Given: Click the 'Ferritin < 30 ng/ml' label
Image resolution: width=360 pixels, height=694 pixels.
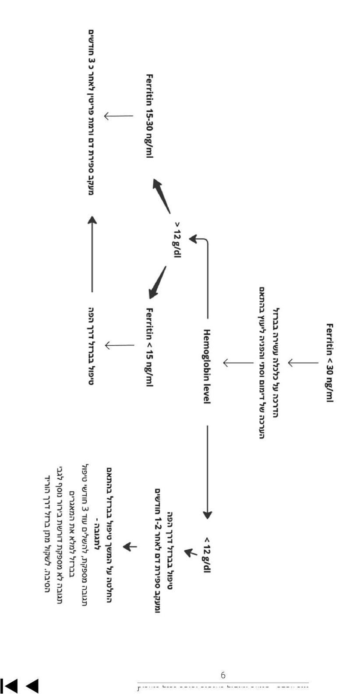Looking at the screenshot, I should click(330, 363).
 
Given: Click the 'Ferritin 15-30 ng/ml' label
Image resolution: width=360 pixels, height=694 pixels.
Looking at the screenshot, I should click(149, 116).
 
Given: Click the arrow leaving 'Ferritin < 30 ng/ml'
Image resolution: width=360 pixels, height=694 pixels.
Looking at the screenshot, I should click(303, 363).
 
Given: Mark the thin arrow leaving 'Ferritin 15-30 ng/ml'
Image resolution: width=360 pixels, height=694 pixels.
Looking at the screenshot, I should click(118, 116).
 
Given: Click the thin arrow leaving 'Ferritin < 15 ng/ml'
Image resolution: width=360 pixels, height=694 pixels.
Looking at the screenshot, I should click(119, 346).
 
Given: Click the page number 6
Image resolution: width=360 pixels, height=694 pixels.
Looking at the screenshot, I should click(223, 675).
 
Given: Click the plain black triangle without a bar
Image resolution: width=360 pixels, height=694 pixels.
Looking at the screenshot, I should click(32, 685).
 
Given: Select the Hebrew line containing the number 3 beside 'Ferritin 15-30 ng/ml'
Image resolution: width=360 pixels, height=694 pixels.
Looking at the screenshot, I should click(92, 112).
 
